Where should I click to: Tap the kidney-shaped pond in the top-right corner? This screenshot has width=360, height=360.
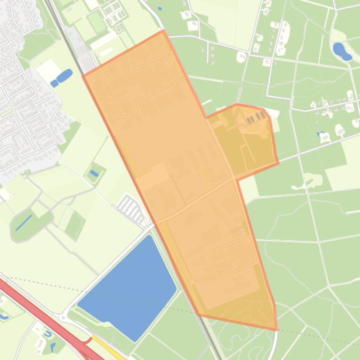(x=341, y=51)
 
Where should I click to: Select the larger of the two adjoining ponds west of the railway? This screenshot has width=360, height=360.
(x=65, y=75)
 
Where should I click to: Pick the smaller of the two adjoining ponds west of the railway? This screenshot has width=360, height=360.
(x=54, y=84)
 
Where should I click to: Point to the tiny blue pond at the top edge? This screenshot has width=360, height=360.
(x=160, y=8)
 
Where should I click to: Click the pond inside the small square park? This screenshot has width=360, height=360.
(x=94, y=173)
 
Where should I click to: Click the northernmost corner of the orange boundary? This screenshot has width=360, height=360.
(x=163, y=31)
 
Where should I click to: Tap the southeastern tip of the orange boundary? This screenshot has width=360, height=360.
(x=277, y=330)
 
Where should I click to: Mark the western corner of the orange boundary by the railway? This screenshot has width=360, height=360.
(x=83, y=75)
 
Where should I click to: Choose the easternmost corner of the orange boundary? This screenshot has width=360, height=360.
(x=278, y=163)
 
